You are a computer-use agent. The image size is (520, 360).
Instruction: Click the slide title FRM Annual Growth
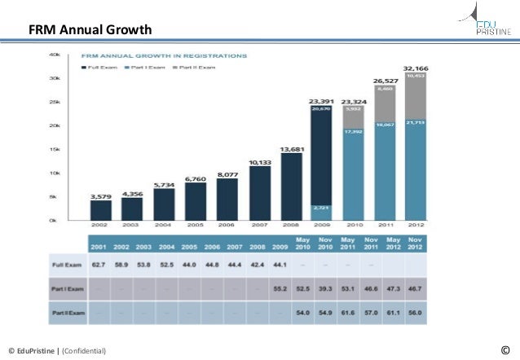tap(90, 31)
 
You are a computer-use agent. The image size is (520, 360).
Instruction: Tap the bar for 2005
tap(196, 200)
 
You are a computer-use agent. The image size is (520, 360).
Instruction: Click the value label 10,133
tap(259, 162)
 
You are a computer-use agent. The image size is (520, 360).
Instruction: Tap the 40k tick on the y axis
tap(55, 55)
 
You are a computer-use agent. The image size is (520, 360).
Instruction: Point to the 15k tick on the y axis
tap(55, 149)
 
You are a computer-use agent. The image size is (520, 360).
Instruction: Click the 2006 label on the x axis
tap(227, 225)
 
